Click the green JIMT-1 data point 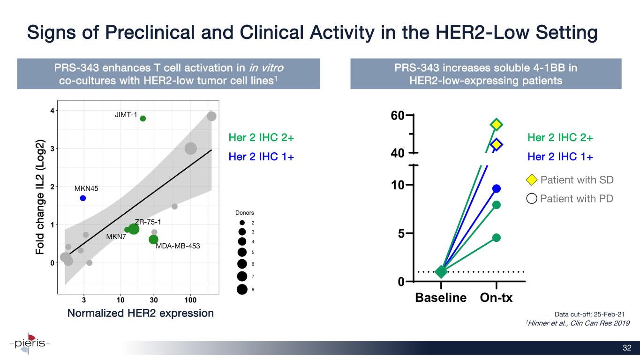(143, 119)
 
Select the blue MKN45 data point (83, 198)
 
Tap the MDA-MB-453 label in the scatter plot (175, 246)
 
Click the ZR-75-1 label (149, 222)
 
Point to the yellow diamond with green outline (497, 124)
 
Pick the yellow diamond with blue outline (497, 144)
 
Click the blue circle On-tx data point (497, 188)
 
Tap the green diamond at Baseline (441, 272)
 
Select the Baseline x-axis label (441, 298)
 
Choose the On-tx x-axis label (497, 298)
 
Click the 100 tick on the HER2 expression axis (190, 299)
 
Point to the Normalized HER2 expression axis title (141, 313)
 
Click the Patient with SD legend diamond (532, 180)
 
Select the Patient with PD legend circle (532, 199)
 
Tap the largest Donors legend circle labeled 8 (242, 289)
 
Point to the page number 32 (627, 347)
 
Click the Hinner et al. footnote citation (577, 323)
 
